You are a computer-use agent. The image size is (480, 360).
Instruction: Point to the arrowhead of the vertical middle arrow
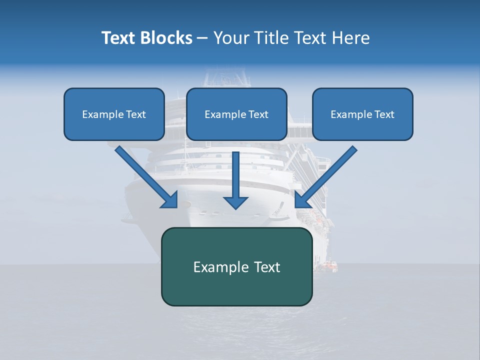point(235,202)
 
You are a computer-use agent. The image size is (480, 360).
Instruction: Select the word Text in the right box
point(384,114)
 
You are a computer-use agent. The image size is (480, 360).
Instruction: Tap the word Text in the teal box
point(267,267)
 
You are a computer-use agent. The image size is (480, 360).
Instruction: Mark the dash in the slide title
point(202,38)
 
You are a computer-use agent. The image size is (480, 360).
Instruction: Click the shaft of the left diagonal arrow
point(142,172)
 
